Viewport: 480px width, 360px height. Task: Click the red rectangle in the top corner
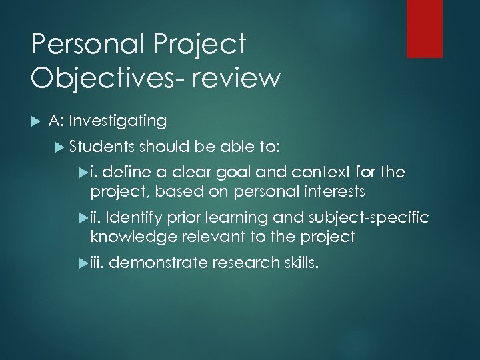point(424,28)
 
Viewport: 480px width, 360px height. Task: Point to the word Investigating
point(117,121)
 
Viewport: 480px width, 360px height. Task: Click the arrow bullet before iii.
point(83,263)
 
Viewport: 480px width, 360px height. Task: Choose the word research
point(243,263)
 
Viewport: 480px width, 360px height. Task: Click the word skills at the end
point(299,263)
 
